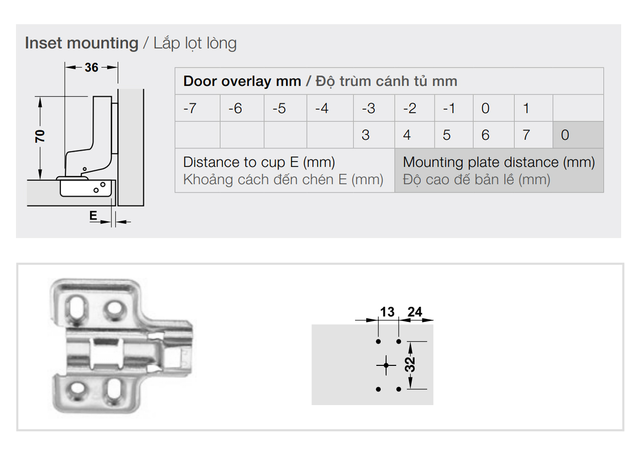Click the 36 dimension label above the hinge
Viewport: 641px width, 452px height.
(91, 68)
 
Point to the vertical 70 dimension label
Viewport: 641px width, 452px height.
(40, 136)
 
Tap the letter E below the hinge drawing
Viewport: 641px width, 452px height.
(93, 215)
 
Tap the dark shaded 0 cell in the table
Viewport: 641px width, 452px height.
(578, 135)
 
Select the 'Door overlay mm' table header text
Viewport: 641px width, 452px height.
(242, 81)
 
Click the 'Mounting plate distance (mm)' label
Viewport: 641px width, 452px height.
(499, 162)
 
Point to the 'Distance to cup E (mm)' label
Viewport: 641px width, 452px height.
(259, 162)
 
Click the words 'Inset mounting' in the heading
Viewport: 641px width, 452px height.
(82, 43)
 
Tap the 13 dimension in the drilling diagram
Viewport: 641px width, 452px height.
(387, 312)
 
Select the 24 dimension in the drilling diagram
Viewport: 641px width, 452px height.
(415, 312)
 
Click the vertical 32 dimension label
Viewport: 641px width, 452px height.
(410, 365)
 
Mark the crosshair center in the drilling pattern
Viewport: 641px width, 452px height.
(386, 365)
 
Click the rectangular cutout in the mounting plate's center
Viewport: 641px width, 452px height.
(106, 354)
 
